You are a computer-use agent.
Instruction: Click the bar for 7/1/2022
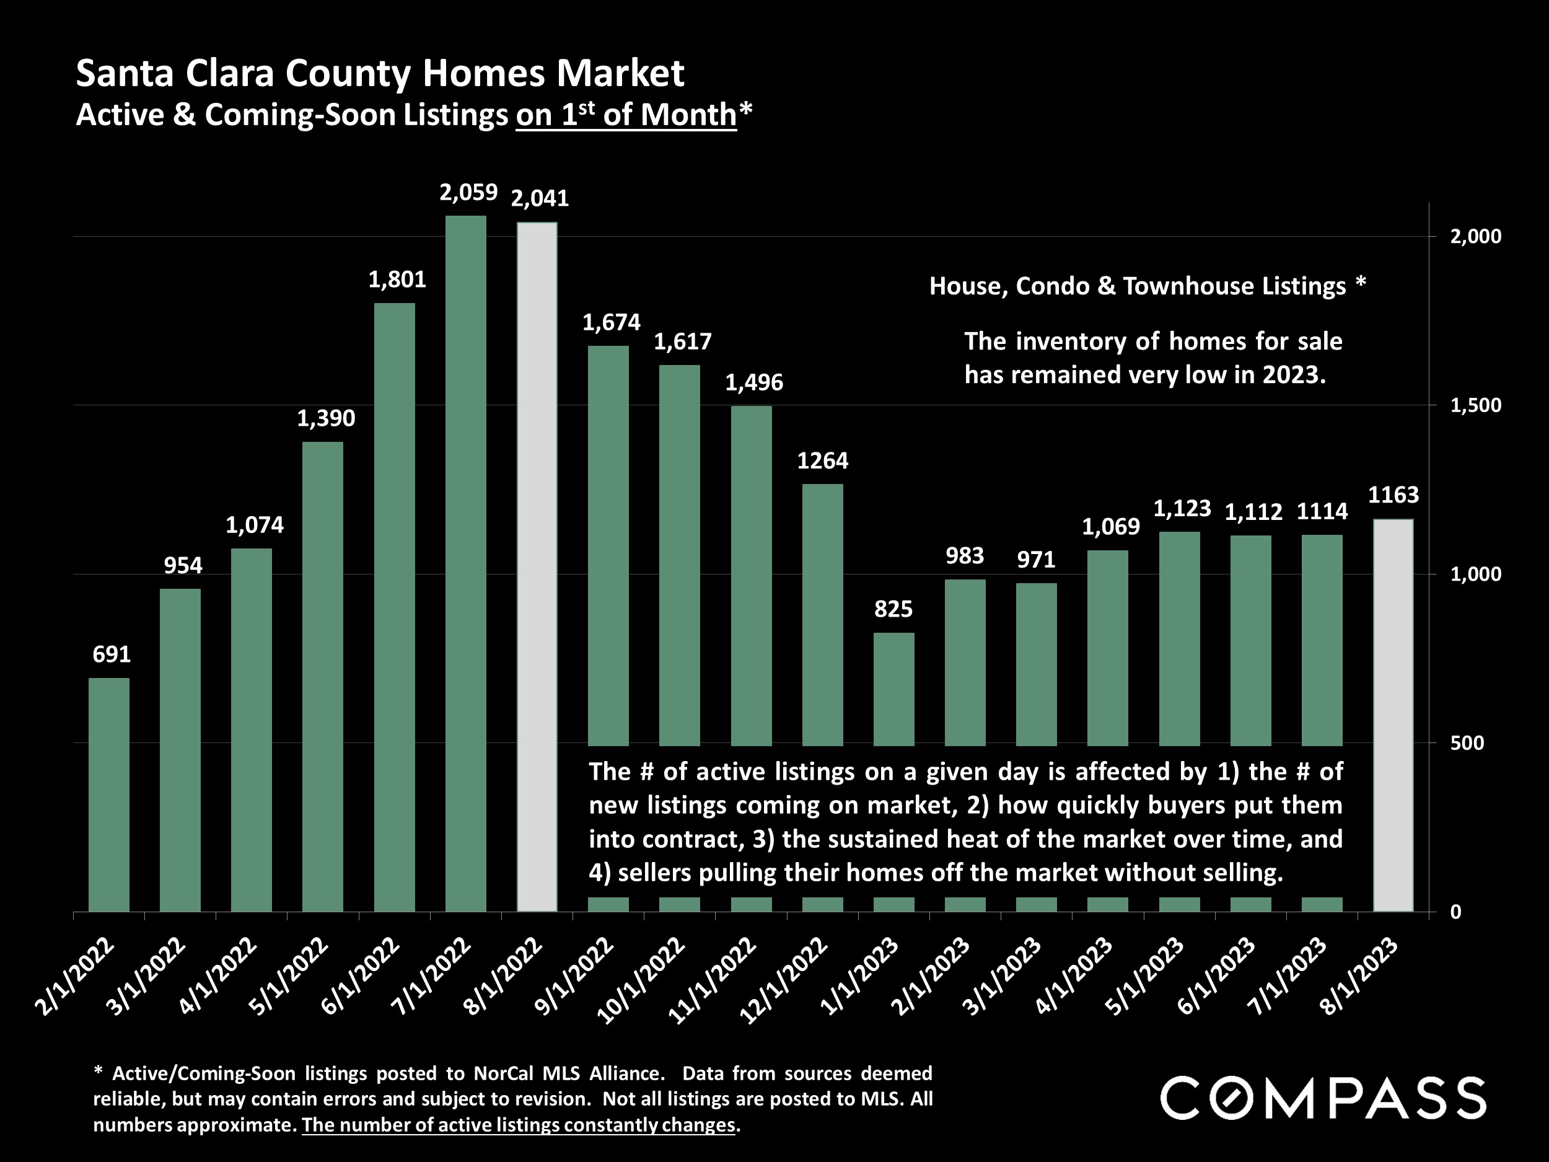click(x=466, y=563)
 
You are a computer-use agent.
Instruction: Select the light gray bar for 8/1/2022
click(x=537, y=566)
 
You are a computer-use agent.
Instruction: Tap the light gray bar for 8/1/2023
click(x=1393, y=715)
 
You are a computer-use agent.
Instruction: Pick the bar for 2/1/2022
click(x=109, y=794)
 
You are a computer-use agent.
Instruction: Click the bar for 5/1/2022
click(x=323, y=677)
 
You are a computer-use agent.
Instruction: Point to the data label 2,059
click(x=468, y=193)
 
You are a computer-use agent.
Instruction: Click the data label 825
click(x=893, y=609)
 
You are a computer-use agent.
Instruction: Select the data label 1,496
click(x=753, y=382)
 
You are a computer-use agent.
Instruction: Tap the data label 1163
click(x=1393, y=495)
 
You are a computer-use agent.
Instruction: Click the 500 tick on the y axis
click(x=1467, y=743)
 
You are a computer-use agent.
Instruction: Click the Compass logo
click(x=1323, y=1098)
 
